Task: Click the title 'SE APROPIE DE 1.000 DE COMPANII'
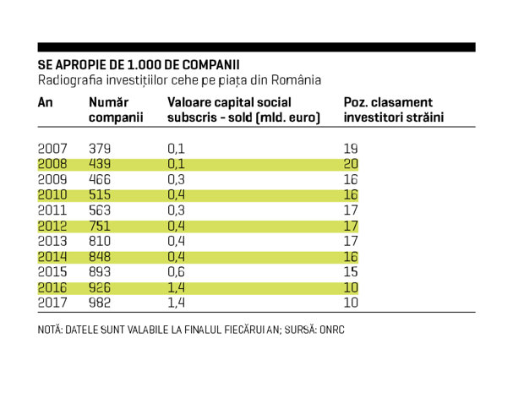tap(139, 65)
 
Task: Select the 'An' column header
tap(45, 102)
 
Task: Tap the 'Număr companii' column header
tap(116, 110)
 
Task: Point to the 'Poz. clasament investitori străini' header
tap(394, 110)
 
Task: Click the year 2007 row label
tap(52, 149)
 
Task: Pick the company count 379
tap(100, 149)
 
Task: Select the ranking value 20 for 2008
tap(351, 164)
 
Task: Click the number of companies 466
tap(100, 180)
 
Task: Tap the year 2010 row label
tap(52, 195)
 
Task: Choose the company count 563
tap(100, 210)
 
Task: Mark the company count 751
tap(100, 227)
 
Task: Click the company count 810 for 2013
tap(100, 241)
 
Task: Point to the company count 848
tap(100, 257)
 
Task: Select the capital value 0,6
tap(176, 272)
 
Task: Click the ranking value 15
tap(351, 272)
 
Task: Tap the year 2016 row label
tap(52, 287)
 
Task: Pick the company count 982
tap(100, 303)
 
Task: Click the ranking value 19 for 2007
tap(351, 149)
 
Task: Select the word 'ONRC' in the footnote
tap(332, 330)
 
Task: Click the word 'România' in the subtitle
tap(296, 80)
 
